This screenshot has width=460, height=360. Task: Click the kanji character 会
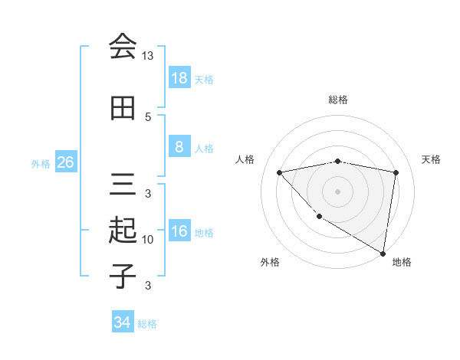click(123, 47)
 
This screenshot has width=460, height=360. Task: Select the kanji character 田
click(123, 109)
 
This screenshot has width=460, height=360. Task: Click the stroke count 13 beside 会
click(148, 56)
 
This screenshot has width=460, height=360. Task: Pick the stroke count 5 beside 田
click(148, 116)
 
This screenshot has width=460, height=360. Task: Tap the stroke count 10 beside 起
click(148, 240)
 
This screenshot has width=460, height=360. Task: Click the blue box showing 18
click(179, 78)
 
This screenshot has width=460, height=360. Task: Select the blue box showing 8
click(179, 147)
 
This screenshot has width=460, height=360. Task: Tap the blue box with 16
click(179, 231)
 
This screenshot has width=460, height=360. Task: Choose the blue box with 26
click(65, 162)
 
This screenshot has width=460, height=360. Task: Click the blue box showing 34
click(122, 322)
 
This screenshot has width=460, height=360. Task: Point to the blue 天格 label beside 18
click(204, 79)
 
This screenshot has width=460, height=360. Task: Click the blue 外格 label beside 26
click(41, 163)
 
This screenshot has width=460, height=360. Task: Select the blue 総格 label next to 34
click(147, 323)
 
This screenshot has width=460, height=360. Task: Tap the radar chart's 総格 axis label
click(337, 100)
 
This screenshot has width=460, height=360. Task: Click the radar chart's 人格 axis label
click(245, 159)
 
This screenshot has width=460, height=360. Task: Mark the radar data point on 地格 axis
click(383, 253)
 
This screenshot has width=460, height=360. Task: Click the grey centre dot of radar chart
click(337, 191)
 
